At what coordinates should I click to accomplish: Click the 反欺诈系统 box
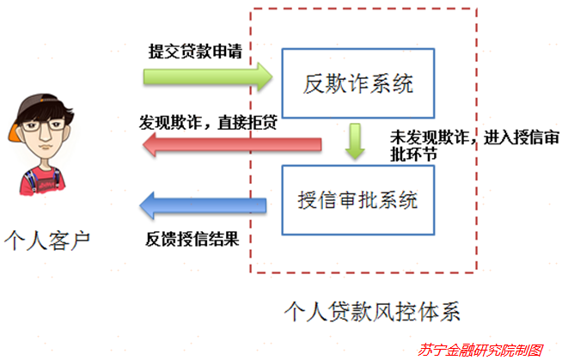[357, 84]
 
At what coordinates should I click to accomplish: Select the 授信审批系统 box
[357, 202]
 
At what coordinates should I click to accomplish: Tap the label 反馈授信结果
[191, 238]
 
